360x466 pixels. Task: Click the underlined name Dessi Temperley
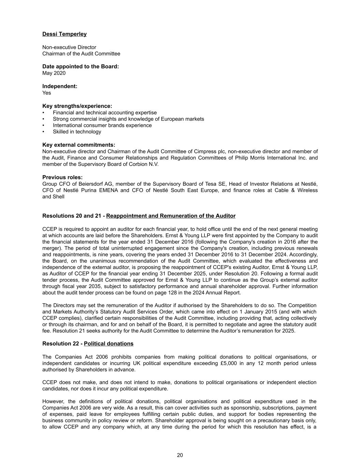coord(64,34)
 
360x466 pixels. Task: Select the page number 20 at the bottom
coord(180,455)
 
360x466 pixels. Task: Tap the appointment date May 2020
coord(54,73)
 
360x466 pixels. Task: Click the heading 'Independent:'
coord(60,86)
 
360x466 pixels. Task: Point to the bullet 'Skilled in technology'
coord(77,132)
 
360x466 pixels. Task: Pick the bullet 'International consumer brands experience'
coord(102,125)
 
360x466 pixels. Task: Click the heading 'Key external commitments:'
coord(78,145)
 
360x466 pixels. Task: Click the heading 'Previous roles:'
coord(62,178)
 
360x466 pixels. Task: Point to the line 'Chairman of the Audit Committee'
coord(81,54)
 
